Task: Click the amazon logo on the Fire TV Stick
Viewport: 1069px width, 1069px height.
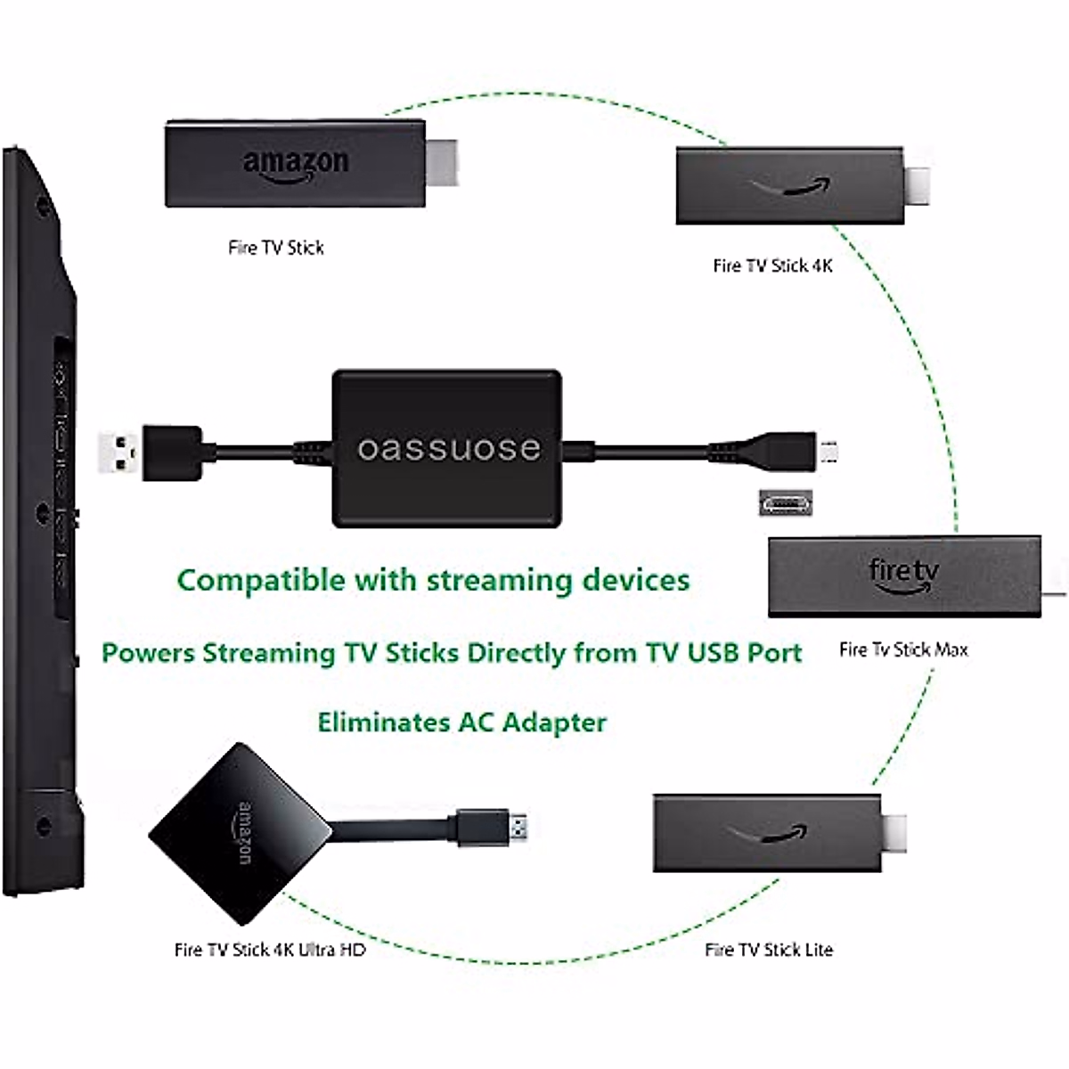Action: click(296, 164)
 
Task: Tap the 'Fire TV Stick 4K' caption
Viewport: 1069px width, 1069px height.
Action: click(772, 265)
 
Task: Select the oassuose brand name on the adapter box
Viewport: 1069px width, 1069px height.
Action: click(449, 448)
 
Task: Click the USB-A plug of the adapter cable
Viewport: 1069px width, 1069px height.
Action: click(119, 452)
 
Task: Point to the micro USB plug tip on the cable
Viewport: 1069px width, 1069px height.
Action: click(829, 450)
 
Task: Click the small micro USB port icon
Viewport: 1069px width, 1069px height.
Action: click(785, 502)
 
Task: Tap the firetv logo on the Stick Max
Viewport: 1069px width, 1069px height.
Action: click(903, 575)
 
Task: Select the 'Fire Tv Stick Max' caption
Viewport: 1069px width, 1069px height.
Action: click(902, 649)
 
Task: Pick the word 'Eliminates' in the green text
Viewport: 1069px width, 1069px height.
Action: click(384, 722)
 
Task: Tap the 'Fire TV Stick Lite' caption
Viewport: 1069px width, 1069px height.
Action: click(768, 950)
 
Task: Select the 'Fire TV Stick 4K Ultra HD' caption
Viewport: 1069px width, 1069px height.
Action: click(270, 950)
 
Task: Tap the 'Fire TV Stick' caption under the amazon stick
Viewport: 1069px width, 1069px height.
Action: click(276, 248)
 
